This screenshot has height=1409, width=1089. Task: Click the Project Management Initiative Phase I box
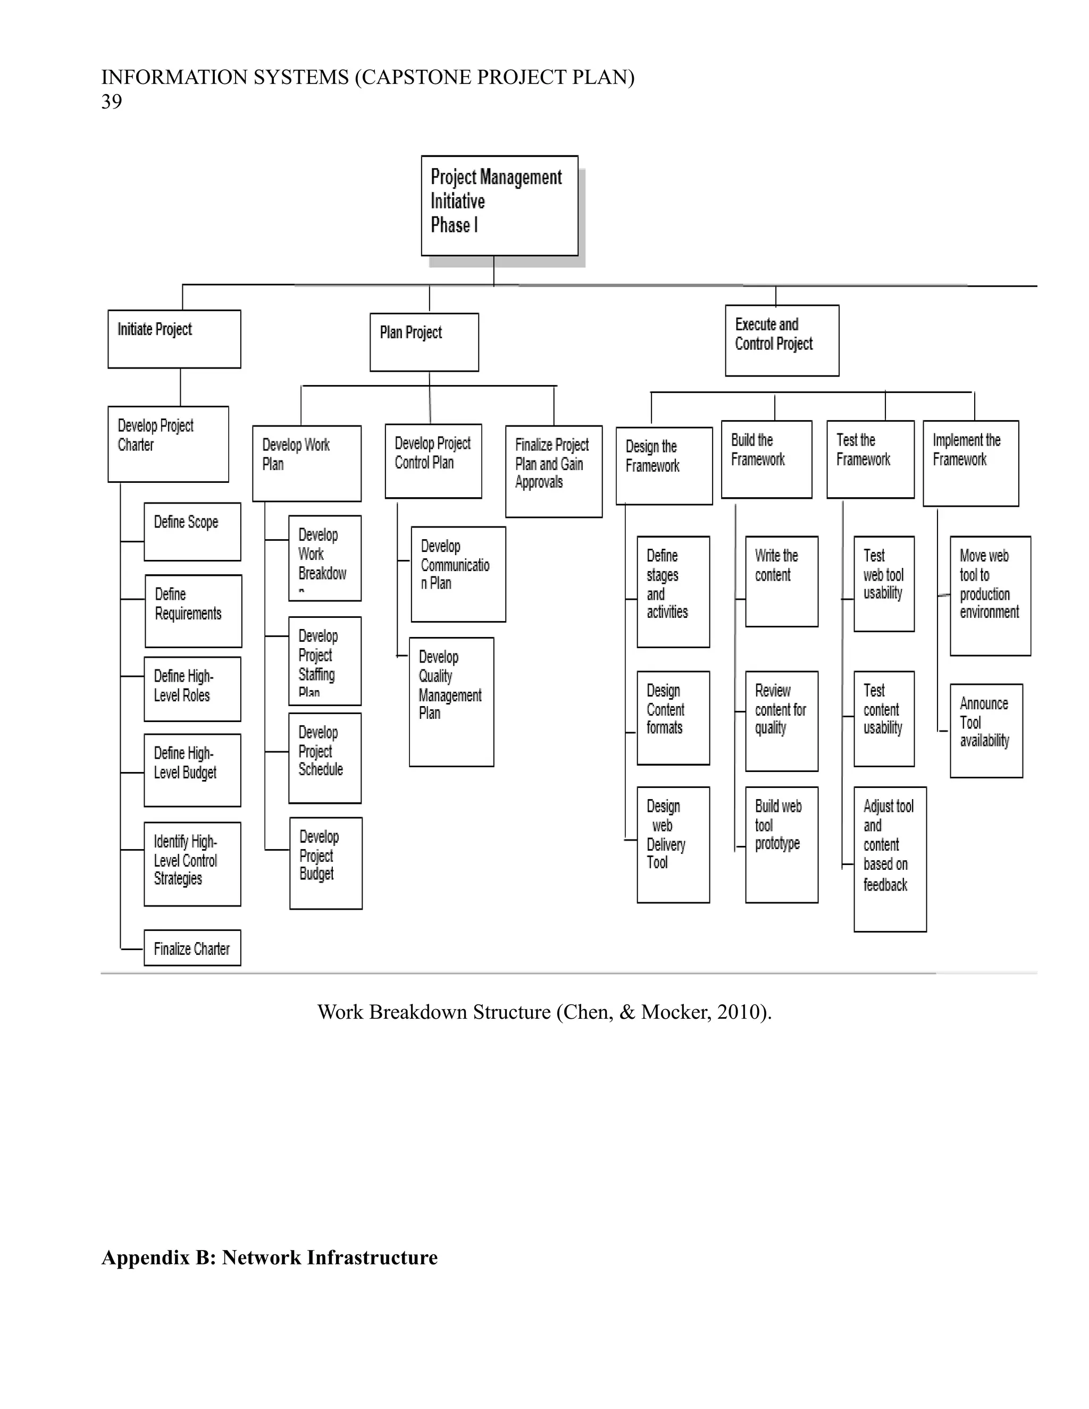click(x=499, y=205)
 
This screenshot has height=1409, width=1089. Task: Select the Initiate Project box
click(x=174, y=339)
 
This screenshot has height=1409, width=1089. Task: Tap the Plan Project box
click(x=424, y=342)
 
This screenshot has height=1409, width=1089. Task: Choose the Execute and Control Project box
click(x=782, y=340)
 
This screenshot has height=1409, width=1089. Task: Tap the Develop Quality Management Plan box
click(x=451, y=701)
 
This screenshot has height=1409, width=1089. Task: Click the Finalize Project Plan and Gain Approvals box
click(x=554, y=471)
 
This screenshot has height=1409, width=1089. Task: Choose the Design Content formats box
click(x=673, y=717)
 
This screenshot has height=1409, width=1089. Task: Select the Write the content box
click(x=781, y=581)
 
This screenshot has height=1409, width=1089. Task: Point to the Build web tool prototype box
click(x=781, y=844)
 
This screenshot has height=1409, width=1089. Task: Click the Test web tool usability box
click(x=884, y=583)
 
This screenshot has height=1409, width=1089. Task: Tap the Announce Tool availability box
click(x=986, y=731)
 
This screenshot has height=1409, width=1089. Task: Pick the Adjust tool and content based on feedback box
click(x=890, y=859)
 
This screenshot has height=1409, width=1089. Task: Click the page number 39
click(x=112, y=101)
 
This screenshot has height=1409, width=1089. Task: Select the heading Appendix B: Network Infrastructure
click(x=269, y=1257)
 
